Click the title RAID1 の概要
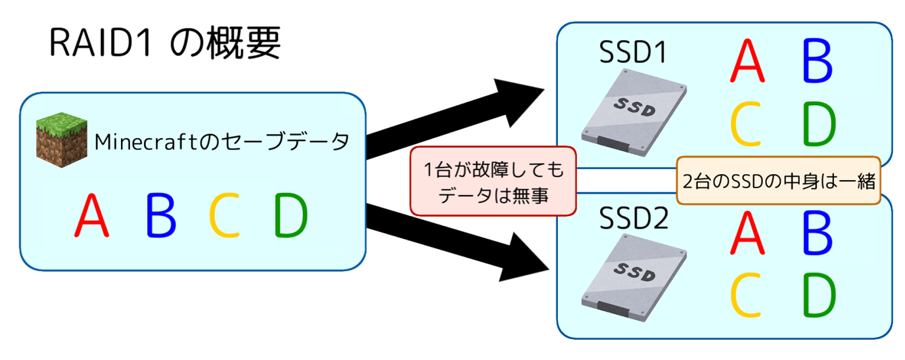click(164, 45)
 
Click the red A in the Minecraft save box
click(91, 216)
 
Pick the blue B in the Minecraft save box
click(161, 216)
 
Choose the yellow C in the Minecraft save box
click(224, 216)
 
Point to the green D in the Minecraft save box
click(290, 216)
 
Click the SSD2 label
click(634, 219)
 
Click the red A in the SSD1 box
click(747, 62)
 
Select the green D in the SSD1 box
click(819, 124)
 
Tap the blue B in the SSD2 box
click(818, 233)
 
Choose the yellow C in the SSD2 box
click(747, 295)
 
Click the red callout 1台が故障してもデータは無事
click(492, 181)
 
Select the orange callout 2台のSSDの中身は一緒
click(778, 181)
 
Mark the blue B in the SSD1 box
click(818, 62)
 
